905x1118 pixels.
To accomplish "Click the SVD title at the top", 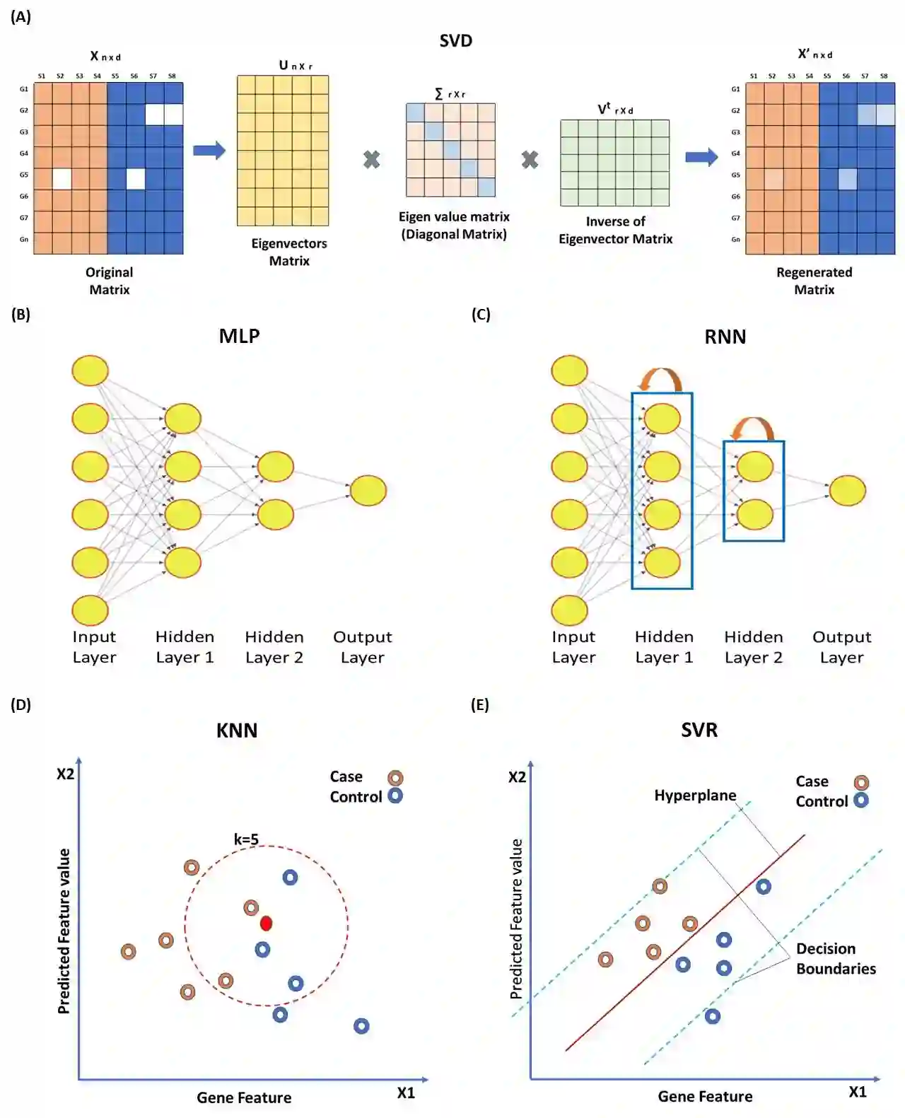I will coord(455,41).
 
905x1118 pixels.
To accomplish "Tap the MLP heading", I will coord(239,336).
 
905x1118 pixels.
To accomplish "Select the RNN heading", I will coord(725,337).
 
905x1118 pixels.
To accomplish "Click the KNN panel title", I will coord(236,730).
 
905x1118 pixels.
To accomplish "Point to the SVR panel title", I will coord(699,730).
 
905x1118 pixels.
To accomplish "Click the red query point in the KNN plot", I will coord(266,923).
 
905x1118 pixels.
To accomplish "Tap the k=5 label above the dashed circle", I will coord(246,839).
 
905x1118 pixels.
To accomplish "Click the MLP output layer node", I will coord(368,491).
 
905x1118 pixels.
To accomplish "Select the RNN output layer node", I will coord(847,491).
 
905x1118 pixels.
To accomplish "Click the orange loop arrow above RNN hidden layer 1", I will coord(660,378).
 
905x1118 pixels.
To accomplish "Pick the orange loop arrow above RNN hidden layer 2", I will coord(752,428).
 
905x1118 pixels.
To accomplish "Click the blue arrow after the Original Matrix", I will coord(209,150).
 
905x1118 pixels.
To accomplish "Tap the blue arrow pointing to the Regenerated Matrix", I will coord(701,156).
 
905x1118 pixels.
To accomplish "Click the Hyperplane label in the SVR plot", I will coord(695,796).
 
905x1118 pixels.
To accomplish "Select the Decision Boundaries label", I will coord(836,958).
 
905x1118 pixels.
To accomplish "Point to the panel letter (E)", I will coord(480,705).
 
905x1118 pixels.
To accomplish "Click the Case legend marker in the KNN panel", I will coord(395,778).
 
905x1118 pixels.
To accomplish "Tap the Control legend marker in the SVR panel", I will coord(861,800).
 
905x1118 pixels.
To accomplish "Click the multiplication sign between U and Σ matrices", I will coord(371,160).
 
